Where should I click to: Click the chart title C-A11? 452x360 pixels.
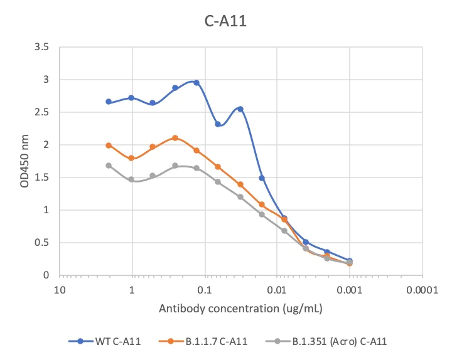tap(226, 21)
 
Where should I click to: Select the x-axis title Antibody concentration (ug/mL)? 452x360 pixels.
tap(240, 309)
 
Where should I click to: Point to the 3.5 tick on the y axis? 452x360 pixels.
tap(43, 47)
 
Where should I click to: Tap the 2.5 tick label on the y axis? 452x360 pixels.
tap(43, 112)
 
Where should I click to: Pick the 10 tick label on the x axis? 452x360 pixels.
tap(59, 291)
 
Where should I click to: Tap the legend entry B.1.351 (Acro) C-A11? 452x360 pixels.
tap(336, 341)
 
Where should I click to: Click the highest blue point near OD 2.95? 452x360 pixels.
tap(196, 83)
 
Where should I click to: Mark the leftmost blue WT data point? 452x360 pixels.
tap(109, 102)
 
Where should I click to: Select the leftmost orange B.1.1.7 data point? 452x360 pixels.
tap(109, 146)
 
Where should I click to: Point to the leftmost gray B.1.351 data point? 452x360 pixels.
tap(109, 166)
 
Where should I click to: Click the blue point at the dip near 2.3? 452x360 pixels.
tap(218, 124)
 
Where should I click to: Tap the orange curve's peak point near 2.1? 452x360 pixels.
tap(175, 138)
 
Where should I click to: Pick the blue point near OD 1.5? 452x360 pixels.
tap(262, 178)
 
